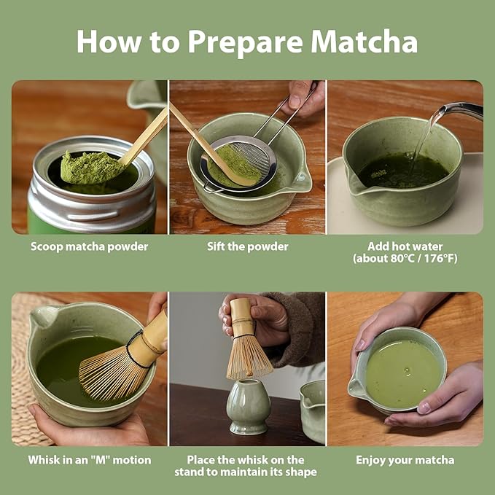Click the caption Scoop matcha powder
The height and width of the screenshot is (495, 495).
pyautogui.click(x=89, y=246)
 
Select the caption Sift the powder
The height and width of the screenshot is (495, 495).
pyautogui.click(x=247, y=246)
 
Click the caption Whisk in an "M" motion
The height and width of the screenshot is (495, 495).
pyautogui.click(x=90, y=460)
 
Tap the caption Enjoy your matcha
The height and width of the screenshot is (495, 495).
pyautogui.click(x=405, y=460)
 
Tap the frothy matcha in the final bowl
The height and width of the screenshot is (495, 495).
pyautogui.click(x=403, y=373)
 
